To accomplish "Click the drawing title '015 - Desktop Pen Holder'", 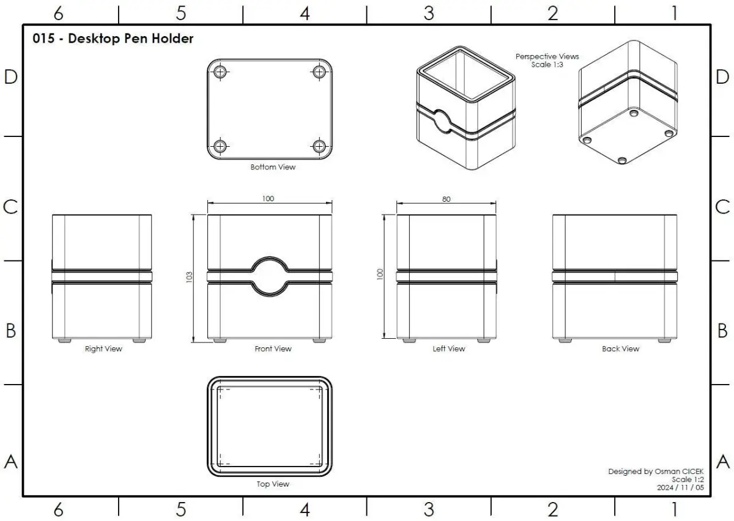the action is pyautogui.click(x=113, y=39).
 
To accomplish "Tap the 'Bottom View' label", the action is pyautogui.click(x=273, y=167).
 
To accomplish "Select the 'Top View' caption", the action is pyautogui.click(x=273, y=484).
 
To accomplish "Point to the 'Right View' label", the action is pyautogui.click(x=103, y=349).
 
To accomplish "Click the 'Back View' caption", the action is pyautogui.click(x=621, y=349).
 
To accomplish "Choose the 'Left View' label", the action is pyautogui.click(x=449, y=349).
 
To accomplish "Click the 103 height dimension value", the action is pyautogui.click(x=189, y=277).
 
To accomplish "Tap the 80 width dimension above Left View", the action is pyautogui.click(x=447, y=199).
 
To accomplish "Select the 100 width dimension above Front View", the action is pyautogui.click(x=268, y=199).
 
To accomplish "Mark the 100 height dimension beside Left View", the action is pyautogui.click(x=380, y=274).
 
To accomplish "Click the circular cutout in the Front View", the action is pyautogui.click(x=270, y=276).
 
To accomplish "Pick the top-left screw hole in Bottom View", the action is pyautogui.click(x=220, y=72).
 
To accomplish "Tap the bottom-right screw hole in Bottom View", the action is pyautogui.click(x=319, y=146).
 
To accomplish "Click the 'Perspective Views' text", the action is pyautogui.click(x=547, y=57).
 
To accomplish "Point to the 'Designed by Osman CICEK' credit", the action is pyautogui.click(x=656, y=471).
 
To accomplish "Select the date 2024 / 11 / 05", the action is pyautogui.click(x=680, y=487).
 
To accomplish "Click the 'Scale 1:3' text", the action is pyautogui.click(x=547, y=65).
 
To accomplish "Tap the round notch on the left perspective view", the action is pyautogui.click(x=442, y=121).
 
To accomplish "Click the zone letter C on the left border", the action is pyautogui.click(x=10, y=207).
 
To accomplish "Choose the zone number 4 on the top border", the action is pyautogui.click(x=305, y=14).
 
